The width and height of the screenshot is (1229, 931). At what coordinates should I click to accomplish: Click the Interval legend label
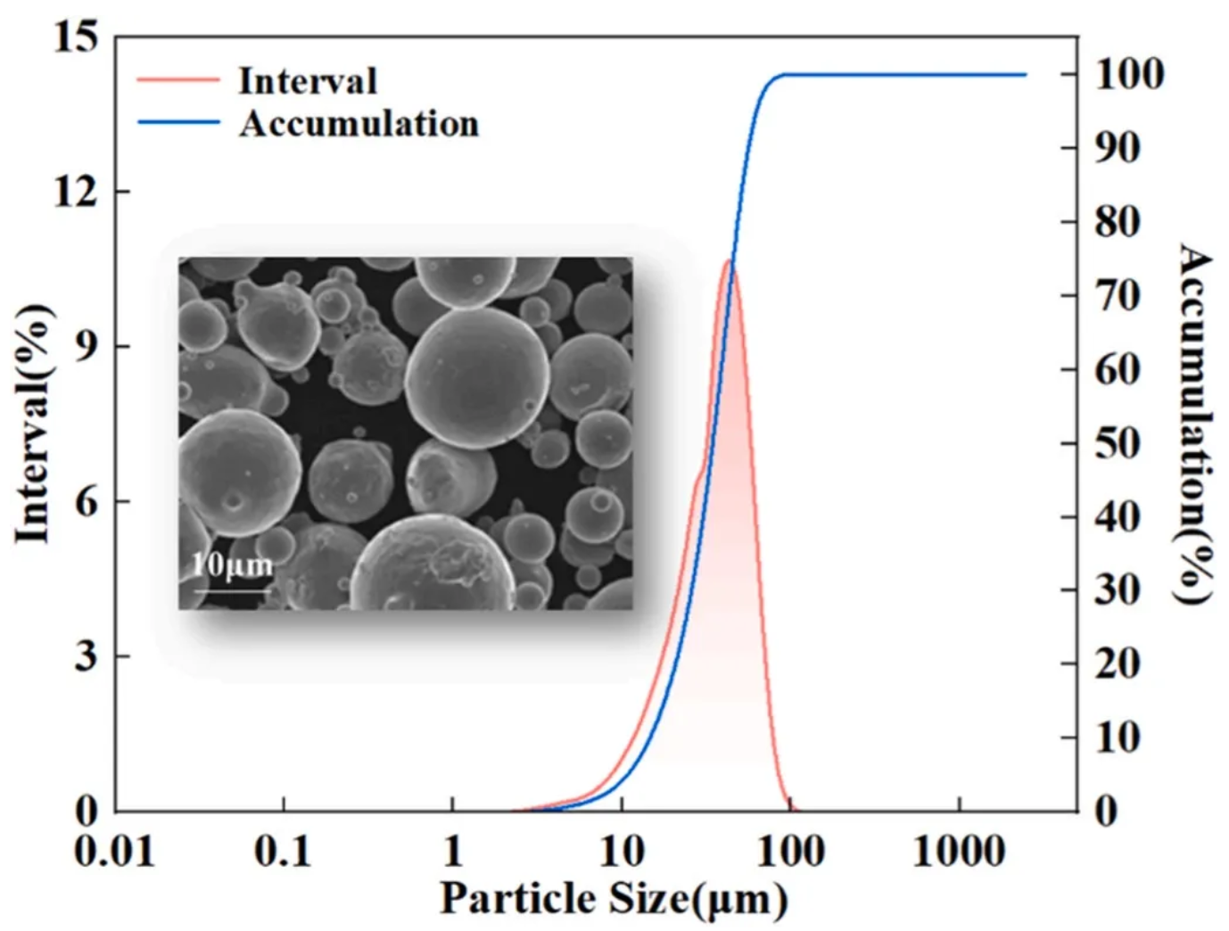[x=308, y=81]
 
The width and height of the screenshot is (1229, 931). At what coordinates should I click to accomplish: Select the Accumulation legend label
[x=359, y=123]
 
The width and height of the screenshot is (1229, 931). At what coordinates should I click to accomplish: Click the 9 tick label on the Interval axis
[x=86, y=346]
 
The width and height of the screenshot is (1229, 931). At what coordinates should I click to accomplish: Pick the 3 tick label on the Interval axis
[x=86, y=655]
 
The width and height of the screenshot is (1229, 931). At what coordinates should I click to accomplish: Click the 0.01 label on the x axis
[x=114, y=851]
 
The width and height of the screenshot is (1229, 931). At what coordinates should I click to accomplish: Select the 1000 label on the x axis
[x=959, y=851]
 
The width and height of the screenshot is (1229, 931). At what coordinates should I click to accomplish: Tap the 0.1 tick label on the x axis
[x=283, y=851]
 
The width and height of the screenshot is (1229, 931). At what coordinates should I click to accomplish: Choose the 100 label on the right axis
[x=1129, y=74]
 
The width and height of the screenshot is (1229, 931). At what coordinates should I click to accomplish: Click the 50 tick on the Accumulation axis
[x=1118, y=443]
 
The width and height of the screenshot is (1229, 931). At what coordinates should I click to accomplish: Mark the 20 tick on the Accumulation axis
[x=1118, y=663]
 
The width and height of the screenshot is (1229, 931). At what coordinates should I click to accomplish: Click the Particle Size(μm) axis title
[x=614, y=898]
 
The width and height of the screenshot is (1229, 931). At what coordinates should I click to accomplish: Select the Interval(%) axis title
[x=33, y=424]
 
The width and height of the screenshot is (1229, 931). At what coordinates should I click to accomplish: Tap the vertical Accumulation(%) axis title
[x=1196, y=424]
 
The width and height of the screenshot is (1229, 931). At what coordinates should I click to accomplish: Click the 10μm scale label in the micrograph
[x=232, y=564]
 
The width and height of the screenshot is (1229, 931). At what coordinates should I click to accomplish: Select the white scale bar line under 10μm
[x=232, y=589]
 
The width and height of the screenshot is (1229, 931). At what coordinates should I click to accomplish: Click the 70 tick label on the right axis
[x=1118, y=295]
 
